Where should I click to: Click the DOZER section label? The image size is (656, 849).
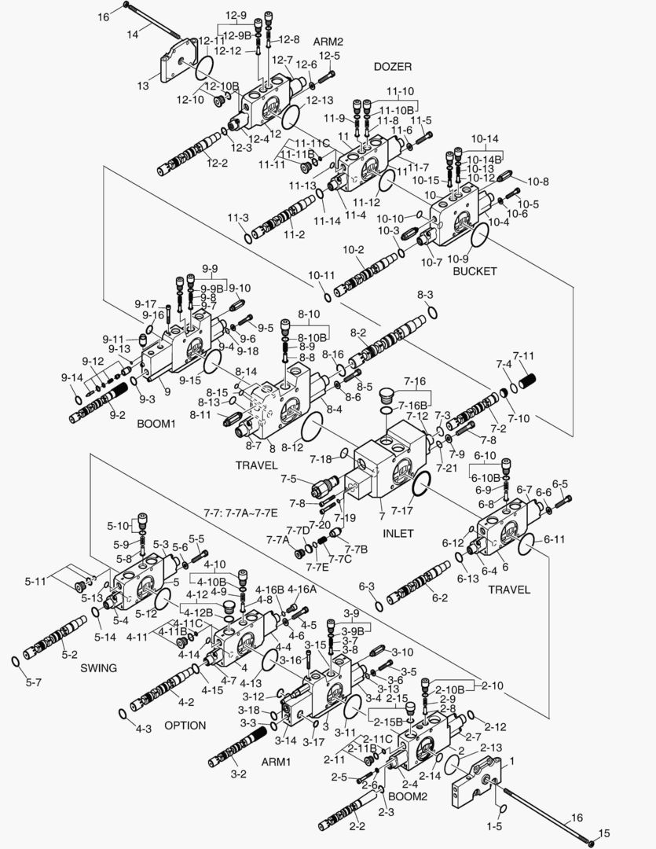(x=392, y=67)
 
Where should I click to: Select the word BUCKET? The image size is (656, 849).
(x=475, y=271)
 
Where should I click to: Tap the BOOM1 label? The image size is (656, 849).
(x=156, y=423)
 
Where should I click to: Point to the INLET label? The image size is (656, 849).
(x=398, y=533)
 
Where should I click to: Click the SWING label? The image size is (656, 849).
(x=98, y=668)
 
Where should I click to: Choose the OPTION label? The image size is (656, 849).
(x=185, y=725)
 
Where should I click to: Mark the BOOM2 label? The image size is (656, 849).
(x=408, y=796)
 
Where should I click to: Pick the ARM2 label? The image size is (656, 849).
(x=328, y=41)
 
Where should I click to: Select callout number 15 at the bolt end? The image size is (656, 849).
(x=603, y=833)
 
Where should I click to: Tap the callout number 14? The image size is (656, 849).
(x=133, y=34)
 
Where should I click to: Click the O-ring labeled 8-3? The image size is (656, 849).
(x=432, y=313)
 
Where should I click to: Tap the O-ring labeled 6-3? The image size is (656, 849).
(x=378, y=606)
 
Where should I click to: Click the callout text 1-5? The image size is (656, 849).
(x=494, y=826)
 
